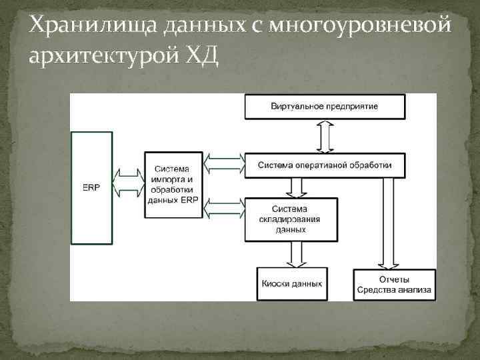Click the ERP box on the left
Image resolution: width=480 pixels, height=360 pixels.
92,187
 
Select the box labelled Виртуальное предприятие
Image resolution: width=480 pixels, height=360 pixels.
325,107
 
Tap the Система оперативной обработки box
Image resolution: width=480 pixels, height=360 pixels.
325,165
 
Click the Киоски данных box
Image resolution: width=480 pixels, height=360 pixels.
290,283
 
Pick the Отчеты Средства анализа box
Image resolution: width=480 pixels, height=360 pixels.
394,283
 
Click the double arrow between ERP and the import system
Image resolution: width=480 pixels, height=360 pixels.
129,181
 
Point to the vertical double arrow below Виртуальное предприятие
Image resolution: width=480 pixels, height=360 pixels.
325,137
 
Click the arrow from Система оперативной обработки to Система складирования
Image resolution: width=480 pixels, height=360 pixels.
292,187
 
